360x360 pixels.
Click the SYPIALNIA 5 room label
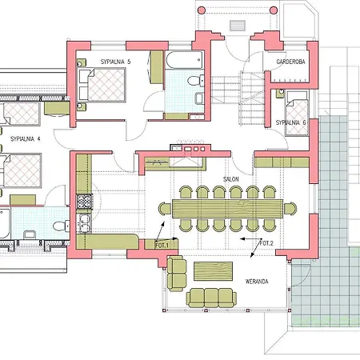pos(115,62)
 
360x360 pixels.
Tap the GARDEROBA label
pos(290,62)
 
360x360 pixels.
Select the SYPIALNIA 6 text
pos(290,122)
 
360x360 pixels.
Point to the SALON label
pos(231,179)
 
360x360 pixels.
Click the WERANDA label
pos(257,282)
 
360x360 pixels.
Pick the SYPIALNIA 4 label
pos(26,139)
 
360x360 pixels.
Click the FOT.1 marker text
pos(162,245)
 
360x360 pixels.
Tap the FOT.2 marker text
pos(266,243)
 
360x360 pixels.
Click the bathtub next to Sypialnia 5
pos(184,60)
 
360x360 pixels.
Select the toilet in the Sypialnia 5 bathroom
pos(195,81)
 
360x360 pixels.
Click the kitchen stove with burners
pos(84,202)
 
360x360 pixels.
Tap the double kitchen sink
pos(84,223)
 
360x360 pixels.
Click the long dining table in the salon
pos(227,209)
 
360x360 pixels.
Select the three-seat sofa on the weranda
pos(211,298)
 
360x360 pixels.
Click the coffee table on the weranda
pos(213,271)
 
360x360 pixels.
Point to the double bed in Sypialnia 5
pos(102,85)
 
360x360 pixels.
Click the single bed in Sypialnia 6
pos(297,113)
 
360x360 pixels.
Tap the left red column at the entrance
pos(202,10)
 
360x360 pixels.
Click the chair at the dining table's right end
pos(290,209)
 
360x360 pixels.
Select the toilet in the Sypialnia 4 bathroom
pos(62,226)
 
